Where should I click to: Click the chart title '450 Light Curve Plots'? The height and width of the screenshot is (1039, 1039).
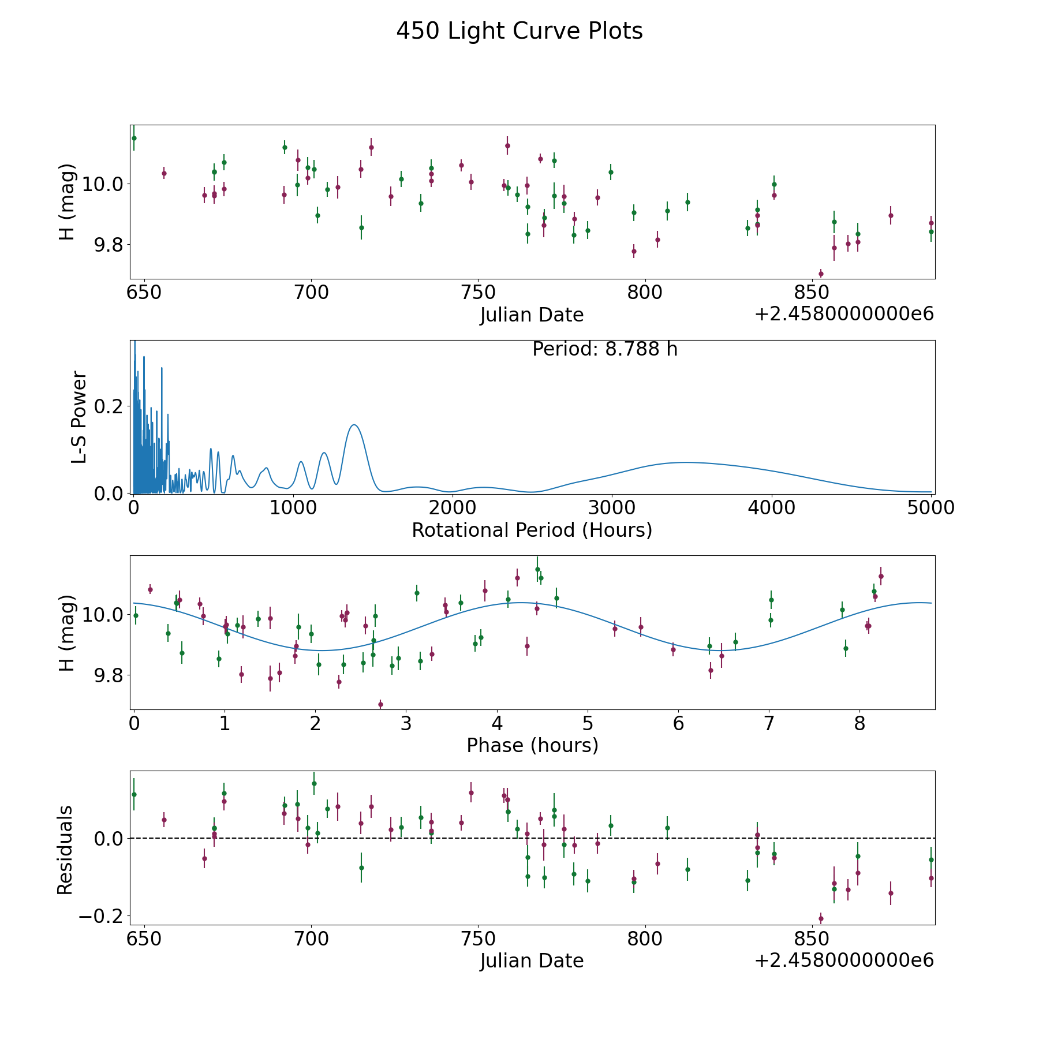pyautogui.click(x=519, y=31)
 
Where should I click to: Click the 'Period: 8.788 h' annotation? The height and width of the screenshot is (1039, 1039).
pyautogui.click(x=604, y=349)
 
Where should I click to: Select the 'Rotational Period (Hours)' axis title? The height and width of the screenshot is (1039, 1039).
pyautogui.click(x=532, y=530)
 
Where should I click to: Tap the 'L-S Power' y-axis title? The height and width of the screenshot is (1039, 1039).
pyautogui.click(x=79, y=417)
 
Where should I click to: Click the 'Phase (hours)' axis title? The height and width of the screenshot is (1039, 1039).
pyautogui.click(x=532, y=745)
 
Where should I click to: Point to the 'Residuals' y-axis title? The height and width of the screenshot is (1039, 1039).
pyautogui.click(x=65, y=850)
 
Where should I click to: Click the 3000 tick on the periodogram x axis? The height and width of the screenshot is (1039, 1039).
pyautogui.click(x=611, y=507)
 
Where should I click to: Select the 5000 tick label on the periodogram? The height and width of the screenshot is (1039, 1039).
pyautogui.click(x=930, y=507)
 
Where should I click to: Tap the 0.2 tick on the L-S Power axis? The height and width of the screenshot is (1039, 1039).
pyautogui.click(x=110, y=406)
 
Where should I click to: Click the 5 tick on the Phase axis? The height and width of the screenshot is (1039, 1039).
pyautogui.click(x=587, y=723)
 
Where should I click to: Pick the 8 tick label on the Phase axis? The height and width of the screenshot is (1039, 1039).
pyautogui.click(x=859, y=723)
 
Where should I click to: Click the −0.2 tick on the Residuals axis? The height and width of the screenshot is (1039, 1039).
pyautogui.click(x=104, y=916)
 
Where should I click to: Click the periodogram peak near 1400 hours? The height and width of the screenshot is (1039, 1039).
pyautogui.click(x=354, y=425)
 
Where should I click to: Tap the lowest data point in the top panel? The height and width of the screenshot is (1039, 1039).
pyautogui.click(x=821, y=274)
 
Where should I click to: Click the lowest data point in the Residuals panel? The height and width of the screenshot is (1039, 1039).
pyautogui.click(x=821, y=918)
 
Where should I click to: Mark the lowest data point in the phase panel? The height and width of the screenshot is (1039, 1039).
pyautogui.click(x=380, y=704)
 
